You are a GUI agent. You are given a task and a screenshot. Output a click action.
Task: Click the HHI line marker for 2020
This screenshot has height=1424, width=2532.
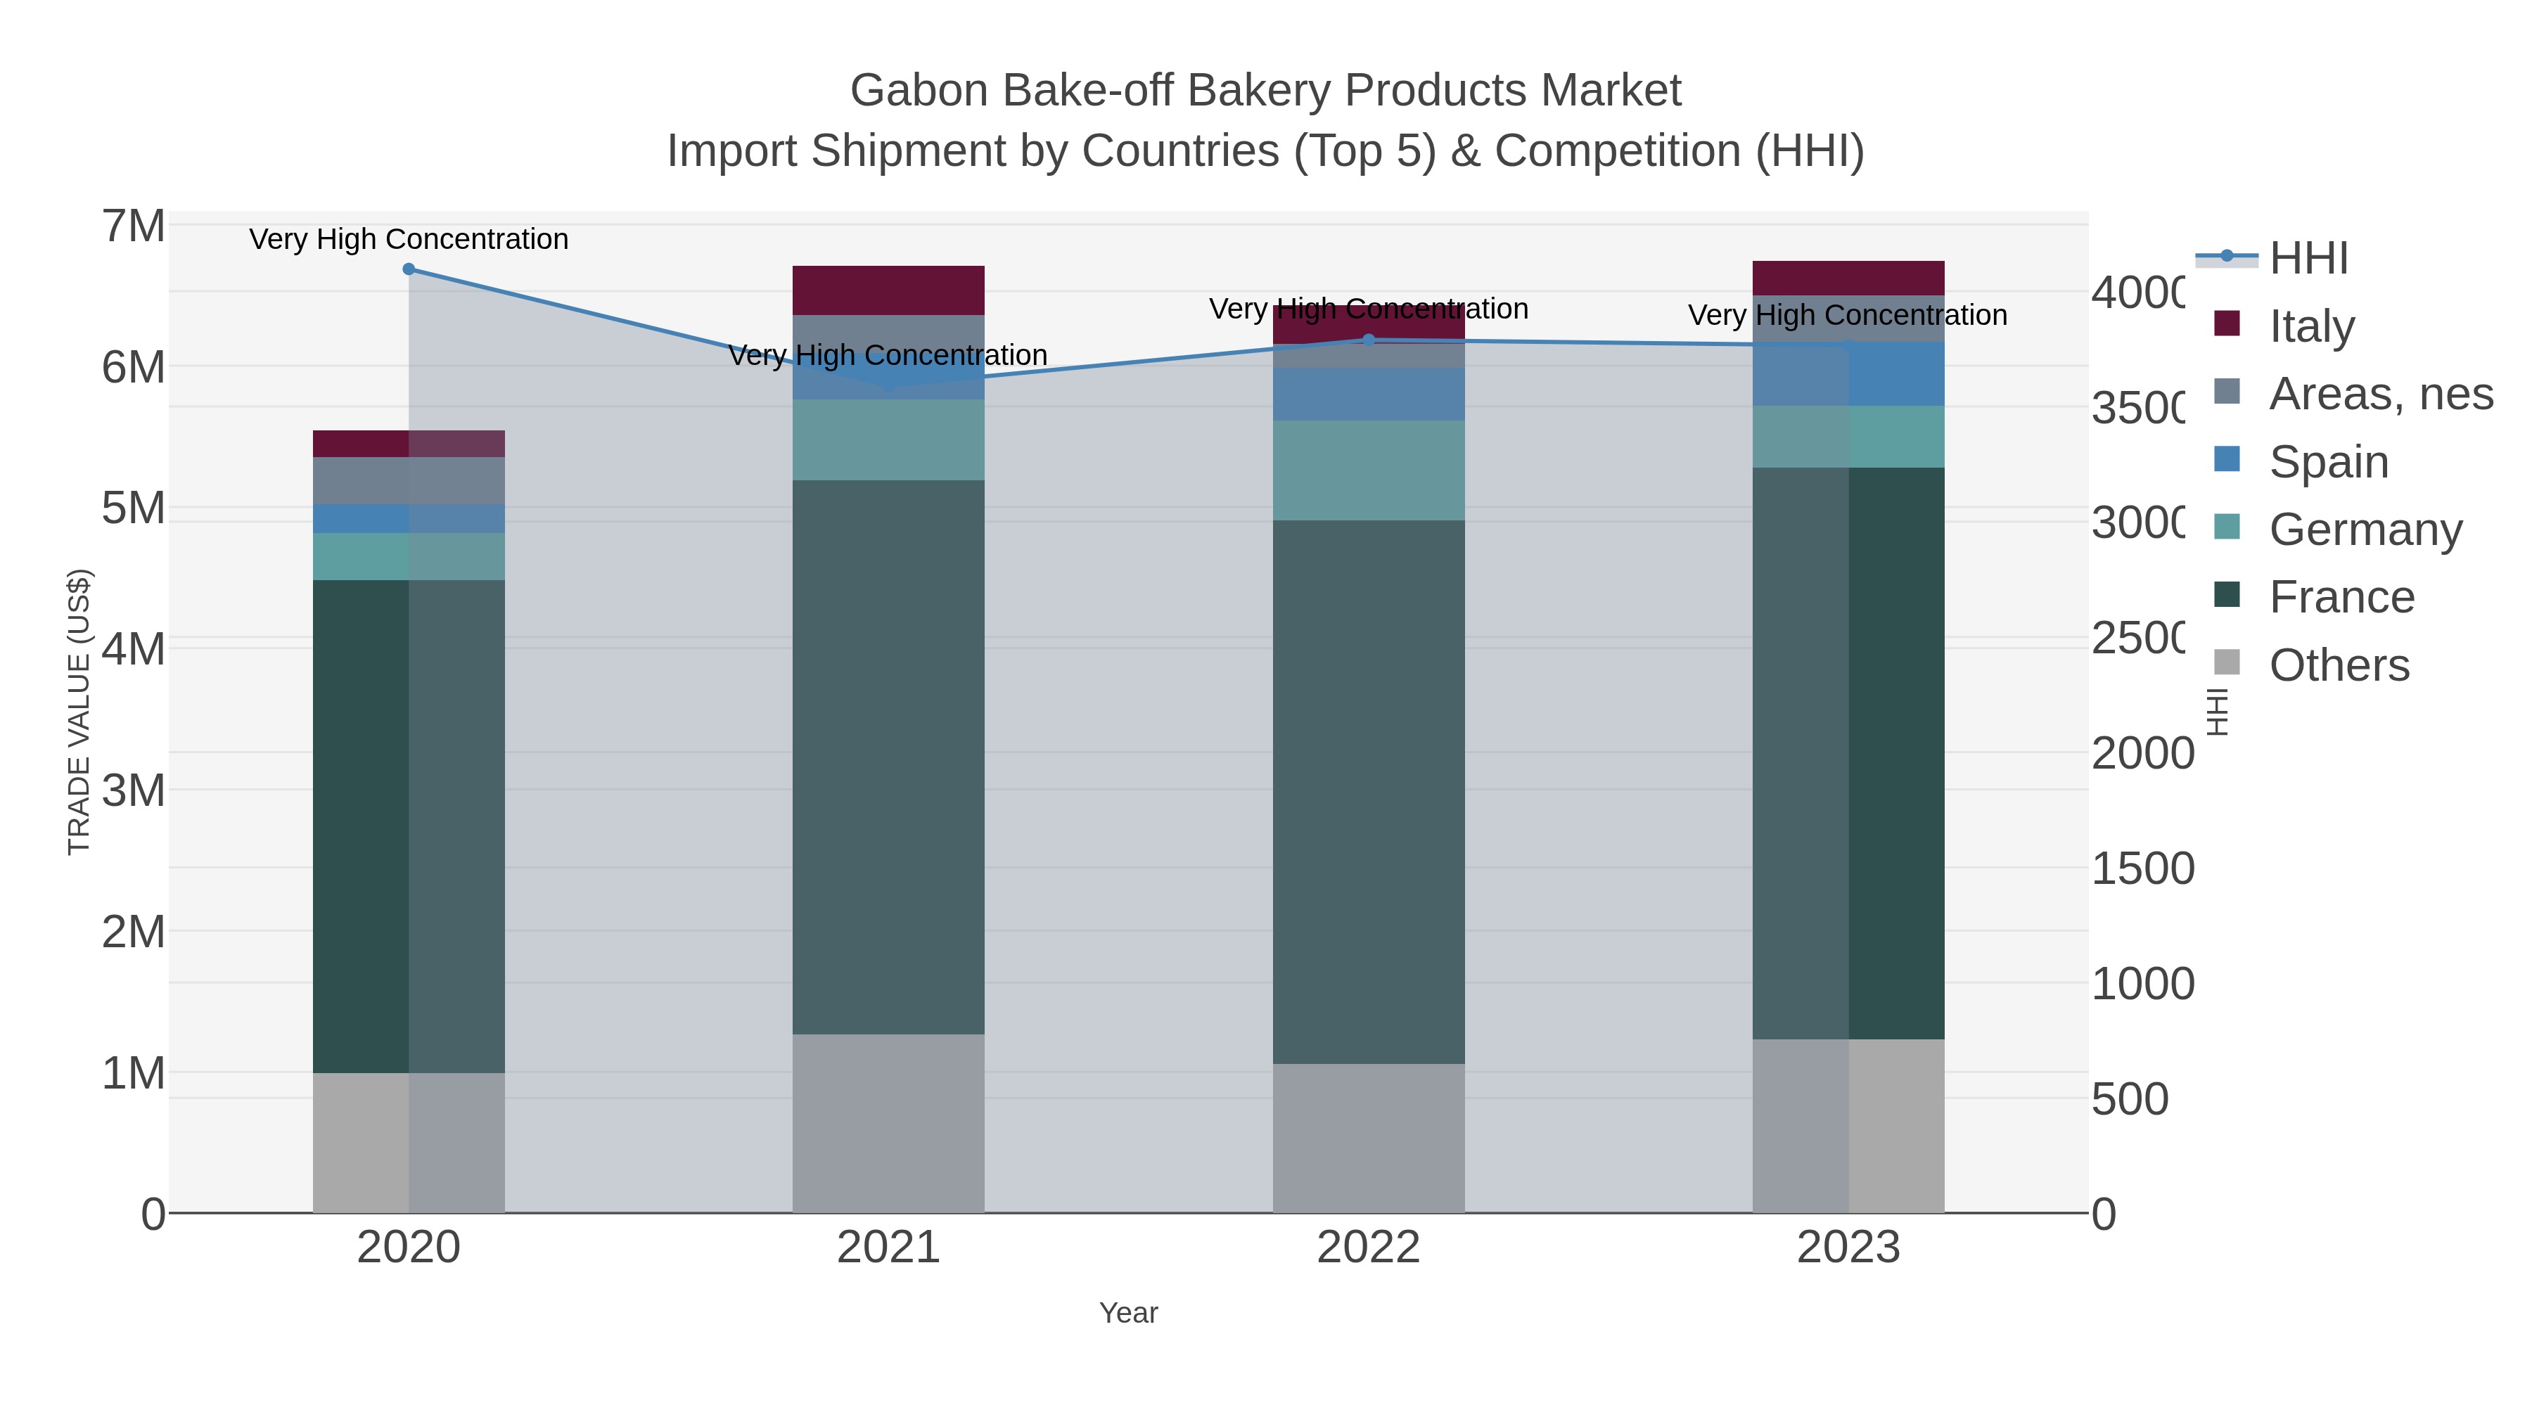[x=409, y=269]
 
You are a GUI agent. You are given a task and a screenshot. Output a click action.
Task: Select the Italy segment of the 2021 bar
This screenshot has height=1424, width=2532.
[x=888, y=290]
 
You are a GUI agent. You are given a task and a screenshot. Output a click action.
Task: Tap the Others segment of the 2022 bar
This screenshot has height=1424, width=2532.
[x=1368, y=1138]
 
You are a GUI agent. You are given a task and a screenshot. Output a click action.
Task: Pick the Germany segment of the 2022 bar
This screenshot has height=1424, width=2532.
[x=1368, y=470]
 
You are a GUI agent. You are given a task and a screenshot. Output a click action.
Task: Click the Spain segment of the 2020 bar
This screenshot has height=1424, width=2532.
[x=409, y=519]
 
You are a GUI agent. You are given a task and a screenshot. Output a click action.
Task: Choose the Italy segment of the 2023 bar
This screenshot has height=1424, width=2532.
[x=1848, y=278]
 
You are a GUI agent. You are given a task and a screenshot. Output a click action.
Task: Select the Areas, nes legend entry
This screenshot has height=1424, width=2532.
[x=2379, y=394]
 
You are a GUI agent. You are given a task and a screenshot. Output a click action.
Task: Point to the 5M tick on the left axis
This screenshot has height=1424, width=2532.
[x=134, y=508]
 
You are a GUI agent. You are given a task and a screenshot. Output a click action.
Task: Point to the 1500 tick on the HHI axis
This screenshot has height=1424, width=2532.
[x=2142, y=868]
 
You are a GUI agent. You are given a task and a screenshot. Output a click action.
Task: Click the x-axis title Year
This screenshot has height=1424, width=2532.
[x=1128, y=1313]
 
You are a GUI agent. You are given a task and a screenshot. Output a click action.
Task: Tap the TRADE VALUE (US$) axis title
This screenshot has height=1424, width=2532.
[x=79, y=712]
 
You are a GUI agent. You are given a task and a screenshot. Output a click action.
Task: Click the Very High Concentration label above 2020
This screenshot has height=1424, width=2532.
[x=409, y=239]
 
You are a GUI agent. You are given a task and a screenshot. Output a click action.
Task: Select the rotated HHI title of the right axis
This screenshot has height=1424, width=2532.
[x=2218, y=712]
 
